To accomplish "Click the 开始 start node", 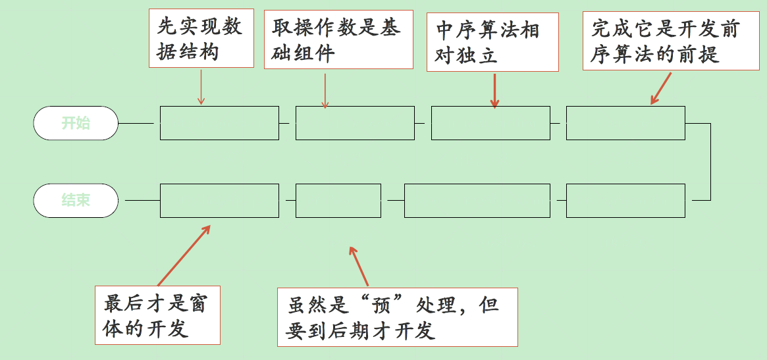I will click(76, 123).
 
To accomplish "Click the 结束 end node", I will click(76, 200).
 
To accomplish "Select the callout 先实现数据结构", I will click(200, 38).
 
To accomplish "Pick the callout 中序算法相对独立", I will click(492, 42).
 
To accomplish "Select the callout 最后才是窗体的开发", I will click(157, 315).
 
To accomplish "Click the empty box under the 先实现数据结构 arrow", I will click(219, 123).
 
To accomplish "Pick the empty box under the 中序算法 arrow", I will click(490, 123).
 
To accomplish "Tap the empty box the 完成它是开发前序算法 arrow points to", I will click(625, 123).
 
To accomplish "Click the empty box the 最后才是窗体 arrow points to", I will click(219, 201).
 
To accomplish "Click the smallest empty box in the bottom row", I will click(338, 201).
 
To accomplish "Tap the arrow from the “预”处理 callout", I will click(359, 267).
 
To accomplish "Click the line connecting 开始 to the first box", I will click(139, 123).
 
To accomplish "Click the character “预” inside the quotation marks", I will click(379, 305).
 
